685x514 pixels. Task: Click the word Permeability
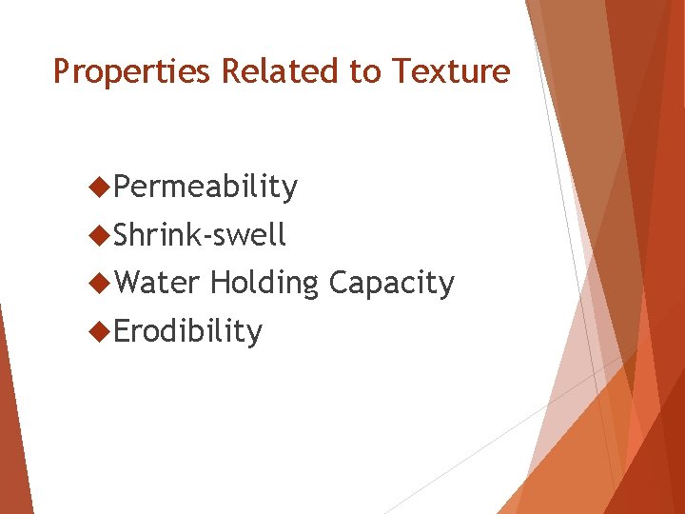coord(205,188)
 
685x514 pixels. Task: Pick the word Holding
coord(264,284)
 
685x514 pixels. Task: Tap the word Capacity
coord(391,284)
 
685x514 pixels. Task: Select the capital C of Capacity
coord(338,283)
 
